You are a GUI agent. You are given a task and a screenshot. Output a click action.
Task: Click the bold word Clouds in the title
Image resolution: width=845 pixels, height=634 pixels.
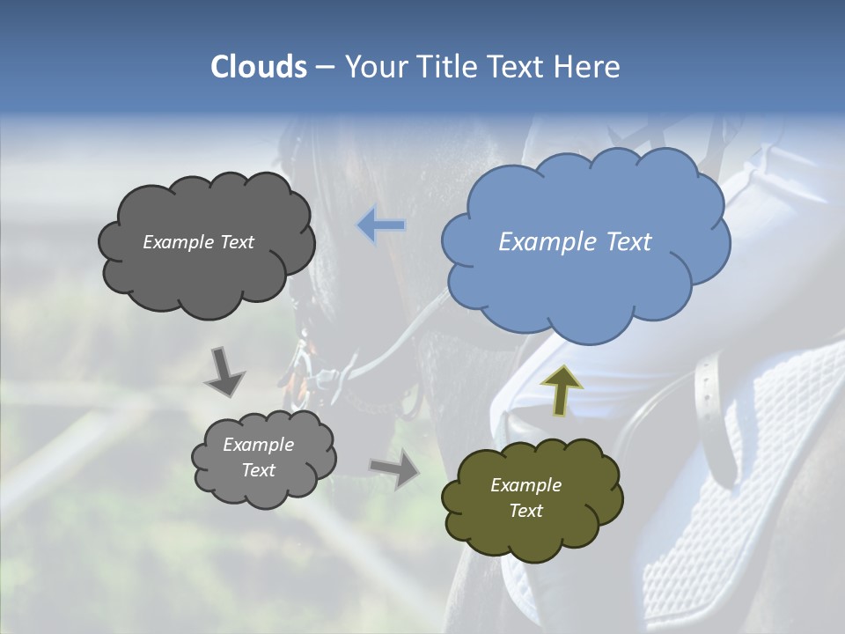point(259,67)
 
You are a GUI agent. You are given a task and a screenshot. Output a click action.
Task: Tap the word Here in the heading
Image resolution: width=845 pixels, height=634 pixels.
point(588,67)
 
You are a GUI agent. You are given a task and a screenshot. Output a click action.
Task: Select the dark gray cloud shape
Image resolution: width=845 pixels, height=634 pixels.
point(207,277)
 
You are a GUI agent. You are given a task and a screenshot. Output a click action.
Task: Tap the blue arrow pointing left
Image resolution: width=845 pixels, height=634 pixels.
point(381,225)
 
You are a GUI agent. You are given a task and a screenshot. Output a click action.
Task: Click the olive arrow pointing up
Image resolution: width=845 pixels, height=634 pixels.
point(561,390)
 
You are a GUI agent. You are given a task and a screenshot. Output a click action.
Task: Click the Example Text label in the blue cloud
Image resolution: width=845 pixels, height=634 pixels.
point(575,242)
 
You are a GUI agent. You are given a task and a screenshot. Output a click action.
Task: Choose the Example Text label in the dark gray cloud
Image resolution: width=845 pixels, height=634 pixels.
point(198,242)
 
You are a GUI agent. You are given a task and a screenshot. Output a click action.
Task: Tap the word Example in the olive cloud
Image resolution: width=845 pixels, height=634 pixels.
point(525,485)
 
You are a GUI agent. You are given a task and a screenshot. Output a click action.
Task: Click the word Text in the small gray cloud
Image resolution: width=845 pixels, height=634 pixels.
point(258,470)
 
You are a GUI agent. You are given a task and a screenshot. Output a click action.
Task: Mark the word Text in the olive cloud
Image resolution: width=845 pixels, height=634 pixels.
point(525,511)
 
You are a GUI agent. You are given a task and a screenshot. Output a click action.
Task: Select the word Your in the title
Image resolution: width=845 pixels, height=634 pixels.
point(377,67)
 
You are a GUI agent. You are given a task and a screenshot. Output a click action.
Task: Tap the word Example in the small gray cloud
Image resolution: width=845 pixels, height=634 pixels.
point(258,445)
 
